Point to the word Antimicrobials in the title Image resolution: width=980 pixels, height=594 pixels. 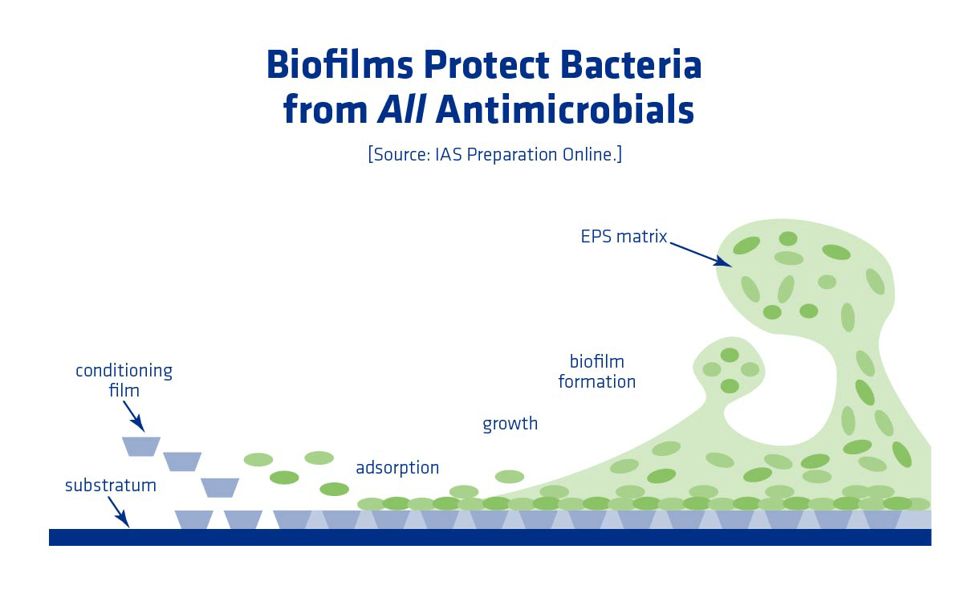point(564,110)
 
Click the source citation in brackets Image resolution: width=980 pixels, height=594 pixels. point(494,154)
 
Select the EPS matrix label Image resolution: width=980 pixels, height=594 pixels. point(624,237)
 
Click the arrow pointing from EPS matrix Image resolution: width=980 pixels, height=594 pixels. point(700,253)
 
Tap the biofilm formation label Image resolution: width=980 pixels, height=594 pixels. point(596,372)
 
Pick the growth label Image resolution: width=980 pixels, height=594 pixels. point(510,424)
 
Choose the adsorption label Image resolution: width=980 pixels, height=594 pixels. point(397,468)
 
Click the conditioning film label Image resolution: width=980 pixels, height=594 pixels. point(124,380)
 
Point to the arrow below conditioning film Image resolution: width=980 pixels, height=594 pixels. point(133,417)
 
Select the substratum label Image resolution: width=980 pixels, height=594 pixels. point(110,486)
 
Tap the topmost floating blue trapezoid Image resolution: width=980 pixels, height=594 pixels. point(141,446)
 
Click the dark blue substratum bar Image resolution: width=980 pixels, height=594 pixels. point(490,537)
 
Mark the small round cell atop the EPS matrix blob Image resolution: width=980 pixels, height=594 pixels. point(788,238)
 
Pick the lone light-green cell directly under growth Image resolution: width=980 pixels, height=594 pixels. point(510,477)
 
